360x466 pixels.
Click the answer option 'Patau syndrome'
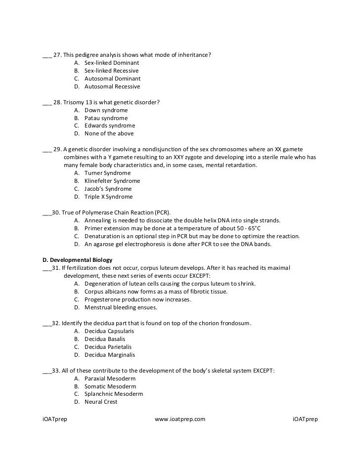click(x=106, y=118)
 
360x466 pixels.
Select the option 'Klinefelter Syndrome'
click(x=112, y=181)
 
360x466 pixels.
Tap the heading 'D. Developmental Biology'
click(x=78, y=260)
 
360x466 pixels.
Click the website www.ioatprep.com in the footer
click(x=180, y=419)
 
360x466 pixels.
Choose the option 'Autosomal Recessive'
click(x=112, y=86)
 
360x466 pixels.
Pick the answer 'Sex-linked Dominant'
click(x=112, y=63)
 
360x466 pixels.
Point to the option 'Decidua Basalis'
click(x=105, y=339)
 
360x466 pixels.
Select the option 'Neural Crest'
click(x=101, y=402)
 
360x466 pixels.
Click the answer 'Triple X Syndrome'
click(x=108, y=197)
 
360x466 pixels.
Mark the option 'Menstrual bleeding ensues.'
click(x=121, y=307)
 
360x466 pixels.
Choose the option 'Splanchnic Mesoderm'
click(x=114, y=394)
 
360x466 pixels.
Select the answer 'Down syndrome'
click(x=106, y=110)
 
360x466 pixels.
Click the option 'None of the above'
click(x=109, y=133)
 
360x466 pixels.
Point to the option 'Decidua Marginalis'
click(x=110, y=355)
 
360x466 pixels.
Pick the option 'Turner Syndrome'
click(x=107, y=173)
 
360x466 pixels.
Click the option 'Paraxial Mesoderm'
click(x=110, y=378)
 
